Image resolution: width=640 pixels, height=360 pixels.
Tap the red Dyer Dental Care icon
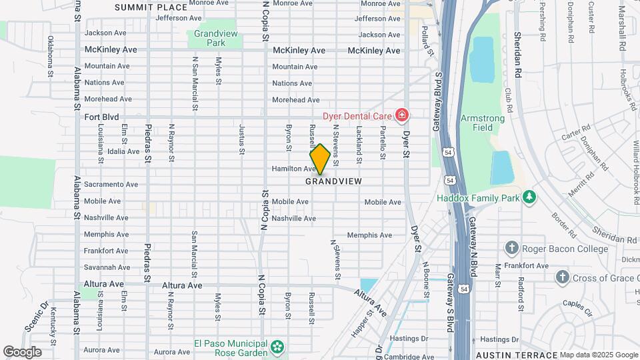pyautogui.click(x=401, y=116)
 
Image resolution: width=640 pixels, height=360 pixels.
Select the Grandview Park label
pyautogui.click(x=210, y=38)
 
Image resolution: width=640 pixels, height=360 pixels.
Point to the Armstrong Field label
pyautogui.click(x=483, y=123)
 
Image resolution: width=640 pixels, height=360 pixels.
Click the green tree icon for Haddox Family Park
pyautogui.click(x=529, y=197)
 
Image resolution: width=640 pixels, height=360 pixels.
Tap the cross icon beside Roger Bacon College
pyautogui.click(x=511, y=248)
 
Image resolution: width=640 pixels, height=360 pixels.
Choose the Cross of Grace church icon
pyautogui.click(x=562, y=277)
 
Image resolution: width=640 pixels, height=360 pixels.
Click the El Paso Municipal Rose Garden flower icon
pyautogui.click(x=277, y=347)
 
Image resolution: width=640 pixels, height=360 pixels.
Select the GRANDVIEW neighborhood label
pyautogui.click(x=333, y=181)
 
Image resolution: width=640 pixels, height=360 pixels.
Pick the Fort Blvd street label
pyautogui.click(x=101, y=117)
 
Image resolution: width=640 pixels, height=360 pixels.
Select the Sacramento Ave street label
pyautogui.click(x=111, y=185)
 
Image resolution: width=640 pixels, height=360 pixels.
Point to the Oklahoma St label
pyautogui.click(x=50, y=57)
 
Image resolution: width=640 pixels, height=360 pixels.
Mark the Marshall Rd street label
pyautogui.click(x=623, y=30)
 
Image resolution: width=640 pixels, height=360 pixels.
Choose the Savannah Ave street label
pyautogui.click(x=107, y=267)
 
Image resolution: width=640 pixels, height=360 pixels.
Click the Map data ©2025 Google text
pyautogui.click(x=598, y=355)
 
